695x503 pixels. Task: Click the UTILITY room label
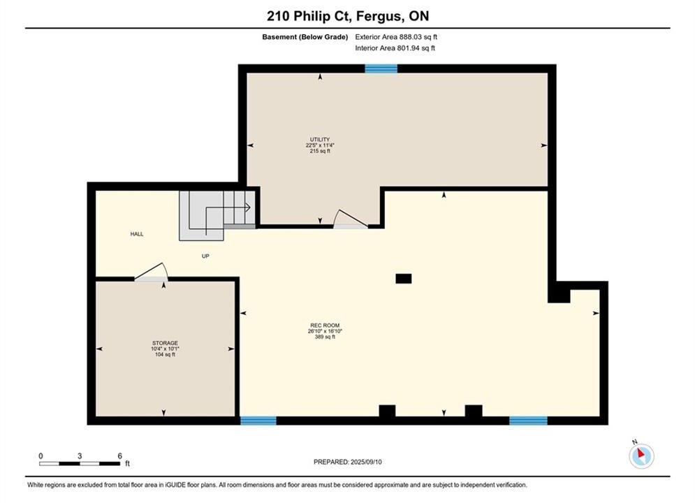click(x=320, y=139)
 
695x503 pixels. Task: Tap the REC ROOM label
click(x=325, y=326)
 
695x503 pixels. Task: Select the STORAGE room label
click(x=165, y=343)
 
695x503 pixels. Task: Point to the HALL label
click(x=136, y=234)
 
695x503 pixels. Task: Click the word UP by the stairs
click(x=205, y=256)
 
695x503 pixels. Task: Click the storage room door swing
click(x=153, y=270)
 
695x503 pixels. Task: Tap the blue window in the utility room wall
click(x=381, y=68)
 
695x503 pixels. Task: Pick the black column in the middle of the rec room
click(x=403, y=278)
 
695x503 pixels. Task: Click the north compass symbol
click(x=641, y=455)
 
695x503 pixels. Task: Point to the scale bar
click(x=80, y=464)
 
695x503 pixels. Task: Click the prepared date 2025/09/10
click(x=366, y=462)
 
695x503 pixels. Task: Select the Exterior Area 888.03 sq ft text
click(x=396, y=37)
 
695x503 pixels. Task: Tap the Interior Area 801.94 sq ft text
click(x=395, y=48)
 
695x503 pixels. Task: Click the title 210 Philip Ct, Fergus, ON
click(x=348, y=16)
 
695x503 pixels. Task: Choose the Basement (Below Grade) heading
click(x=305, y=37)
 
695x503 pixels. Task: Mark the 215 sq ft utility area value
click(x=320, y=151)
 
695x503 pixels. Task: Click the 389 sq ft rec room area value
click(x=325, y=337)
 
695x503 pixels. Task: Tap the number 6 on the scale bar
click(x=119, y=455)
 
